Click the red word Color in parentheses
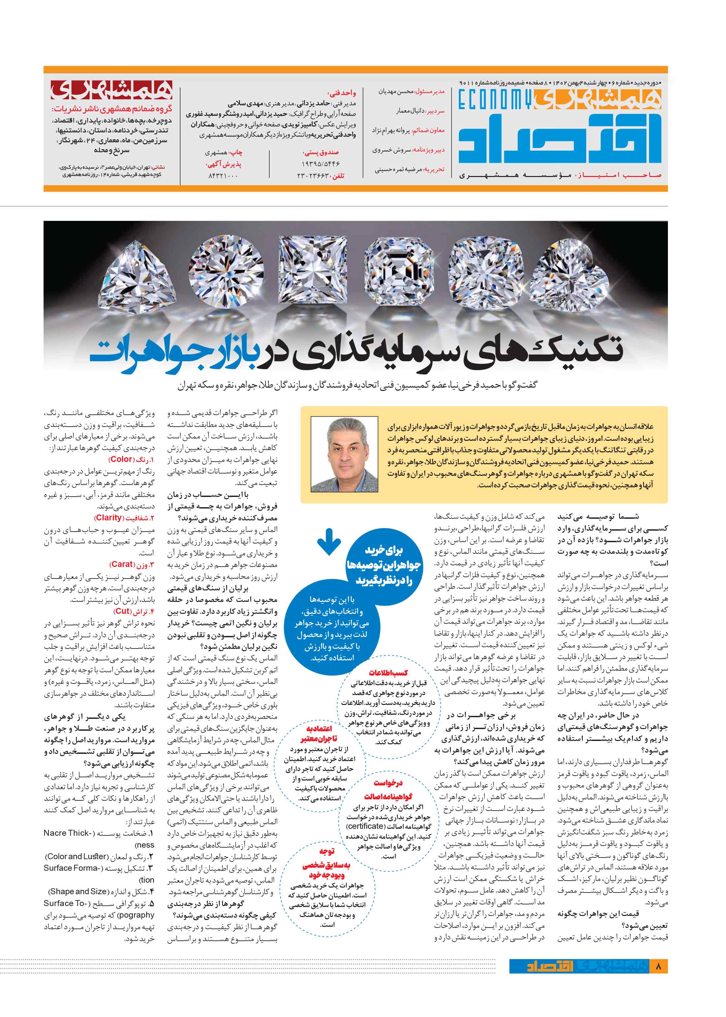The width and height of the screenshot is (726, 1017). point(121,459)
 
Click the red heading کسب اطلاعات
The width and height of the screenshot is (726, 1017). point(388,673)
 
